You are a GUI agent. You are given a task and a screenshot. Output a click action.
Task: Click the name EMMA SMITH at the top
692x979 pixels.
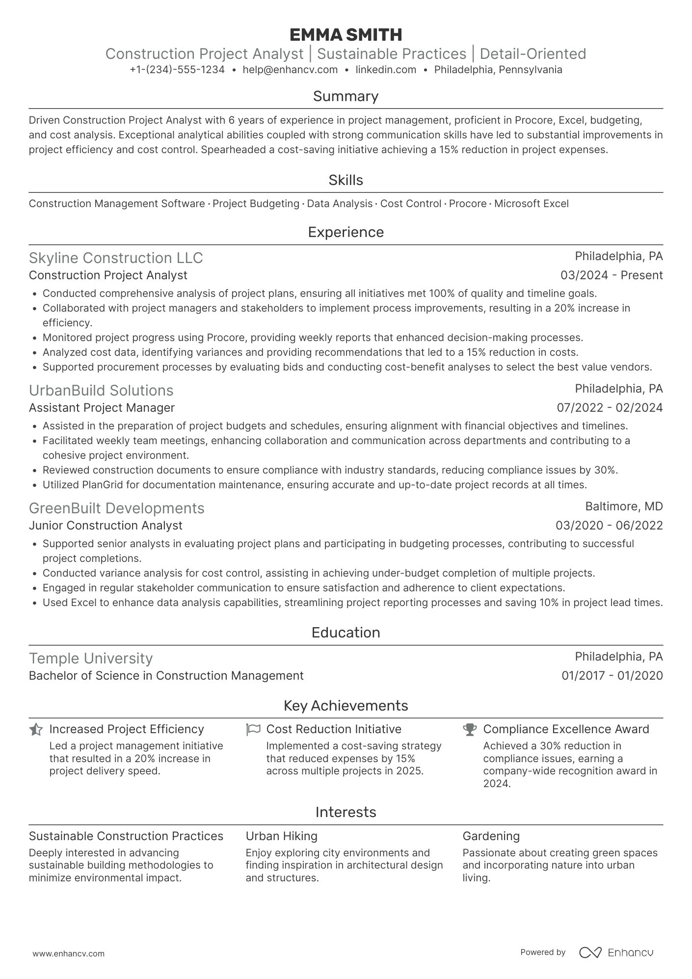pos(346,34)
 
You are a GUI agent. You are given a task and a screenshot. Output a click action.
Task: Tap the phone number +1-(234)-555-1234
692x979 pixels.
pos(177,70)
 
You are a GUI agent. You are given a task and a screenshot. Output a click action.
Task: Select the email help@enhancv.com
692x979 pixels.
pos(290,70)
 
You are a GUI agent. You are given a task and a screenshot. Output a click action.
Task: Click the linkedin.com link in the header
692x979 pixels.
pos(386,70)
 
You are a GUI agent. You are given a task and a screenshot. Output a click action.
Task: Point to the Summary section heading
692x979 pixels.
pos(346,96)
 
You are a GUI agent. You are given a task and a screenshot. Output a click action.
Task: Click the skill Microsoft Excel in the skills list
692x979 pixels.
pos(531,204)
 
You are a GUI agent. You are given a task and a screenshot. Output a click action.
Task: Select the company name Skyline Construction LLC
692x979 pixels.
pos(116,258)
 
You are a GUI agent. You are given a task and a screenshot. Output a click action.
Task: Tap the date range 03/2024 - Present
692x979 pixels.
pos(612,275)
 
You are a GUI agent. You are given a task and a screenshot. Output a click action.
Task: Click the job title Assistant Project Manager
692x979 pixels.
pos(102,408)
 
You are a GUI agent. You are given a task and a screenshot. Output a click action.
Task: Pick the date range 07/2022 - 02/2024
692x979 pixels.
pos(610,408)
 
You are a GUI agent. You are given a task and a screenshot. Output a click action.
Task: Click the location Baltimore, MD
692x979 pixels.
pos(624,506)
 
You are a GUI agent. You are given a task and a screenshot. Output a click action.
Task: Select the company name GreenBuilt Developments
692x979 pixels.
pos(116,508)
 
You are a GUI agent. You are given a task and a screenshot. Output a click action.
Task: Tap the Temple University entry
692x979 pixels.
pos(91,659)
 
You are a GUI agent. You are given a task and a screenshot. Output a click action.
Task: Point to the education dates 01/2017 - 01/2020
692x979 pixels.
pos(612,676)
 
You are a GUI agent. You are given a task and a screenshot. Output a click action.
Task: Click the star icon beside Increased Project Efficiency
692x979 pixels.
pos(36,730)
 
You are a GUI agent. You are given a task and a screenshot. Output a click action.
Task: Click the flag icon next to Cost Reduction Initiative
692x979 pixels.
pos(253,730)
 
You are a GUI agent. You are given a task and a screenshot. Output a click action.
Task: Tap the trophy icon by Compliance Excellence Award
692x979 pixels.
pos(470,730)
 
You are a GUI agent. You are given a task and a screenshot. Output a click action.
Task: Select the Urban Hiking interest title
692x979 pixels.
pos(281,836)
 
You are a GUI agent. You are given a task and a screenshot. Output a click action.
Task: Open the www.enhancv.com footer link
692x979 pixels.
pos(68,954)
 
